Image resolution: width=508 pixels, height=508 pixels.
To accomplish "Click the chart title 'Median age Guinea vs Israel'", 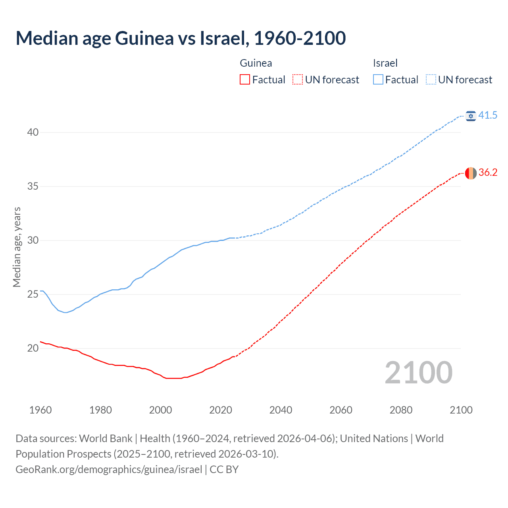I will click(181, 38).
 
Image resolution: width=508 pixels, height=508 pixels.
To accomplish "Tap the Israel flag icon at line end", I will click(471, 115).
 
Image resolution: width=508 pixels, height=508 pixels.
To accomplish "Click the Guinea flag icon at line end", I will click(471, 173).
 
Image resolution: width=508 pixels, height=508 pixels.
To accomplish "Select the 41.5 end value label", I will click(488, 115).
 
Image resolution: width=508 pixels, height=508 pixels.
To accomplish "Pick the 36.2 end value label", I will click(488, 172).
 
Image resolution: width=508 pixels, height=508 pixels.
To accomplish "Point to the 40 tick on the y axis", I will click(33, 132).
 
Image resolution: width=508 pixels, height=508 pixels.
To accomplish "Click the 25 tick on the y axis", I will click(33, 294).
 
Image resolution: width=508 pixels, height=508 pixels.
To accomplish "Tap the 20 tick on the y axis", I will click(33, 348).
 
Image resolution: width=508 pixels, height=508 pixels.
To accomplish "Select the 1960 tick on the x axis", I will click(40, 410).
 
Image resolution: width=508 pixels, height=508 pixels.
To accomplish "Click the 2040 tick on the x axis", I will click(281, 410).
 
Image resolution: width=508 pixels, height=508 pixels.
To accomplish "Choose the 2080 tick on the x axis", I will click(401, 410).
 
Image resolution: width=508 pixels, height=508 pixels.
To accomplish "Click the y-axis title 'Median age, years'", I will click(17, 247).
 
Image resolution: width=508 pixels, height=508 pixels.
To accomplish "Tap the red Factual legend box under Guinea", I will click(245, 80).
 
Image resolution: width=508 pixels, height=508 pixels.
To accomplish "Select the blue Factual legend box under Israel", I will click(378, 80).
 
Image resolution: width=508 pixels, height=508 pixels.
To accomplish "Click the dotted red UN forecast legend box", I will click(298, 80).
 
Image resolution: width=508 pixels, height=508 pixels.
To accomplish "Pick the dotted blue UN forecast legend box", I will click(431, 80).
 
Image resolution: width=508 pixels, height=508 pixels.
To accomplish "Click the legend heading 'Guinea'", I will click(256, 63).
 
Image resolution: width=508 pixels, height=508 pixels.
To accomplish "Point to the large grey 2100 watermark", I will click(418, 372).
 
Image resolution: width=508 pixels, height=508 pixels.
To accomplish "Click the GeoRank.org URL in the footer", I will click(109, 470).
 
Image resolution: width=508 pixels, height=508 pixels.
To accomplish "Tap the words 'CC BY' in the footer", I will click(224, 470).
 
